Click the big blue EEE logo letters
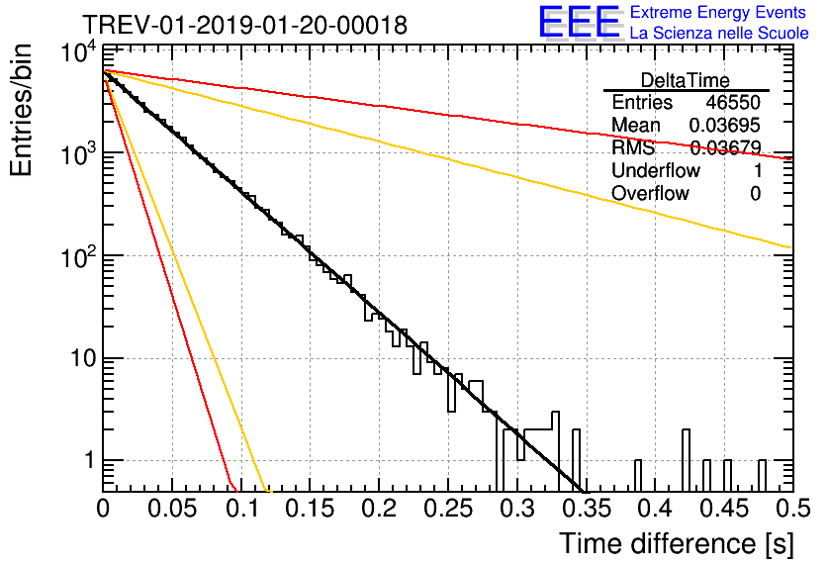coord(579,23)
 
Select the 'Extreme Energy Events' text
coord(719,13)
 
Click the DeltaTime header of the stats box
coord(686,80)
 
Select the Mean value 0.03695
coord(725,126)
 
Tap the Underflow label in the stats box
coord(656,171)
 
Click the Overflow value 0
coord(755,194)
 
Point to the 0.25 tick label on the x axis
coord(447,509)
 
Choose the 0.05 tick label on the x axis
coord(171,509)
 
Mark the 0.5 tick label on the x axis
coord(791,509)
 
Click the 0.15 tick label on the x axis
coord(310,509)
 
